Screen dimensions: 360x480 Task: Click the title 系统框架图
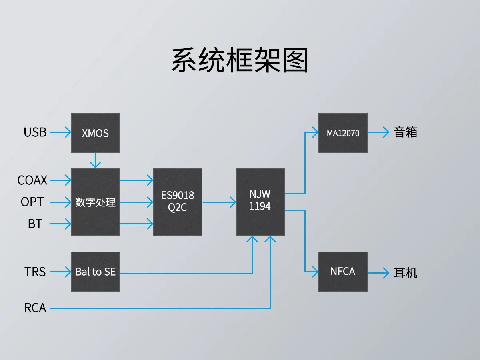click(240, 61)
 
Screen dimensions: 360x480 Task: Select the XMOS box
click(95, 133)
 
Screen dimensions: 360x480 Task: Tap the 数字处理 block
click(95, 202)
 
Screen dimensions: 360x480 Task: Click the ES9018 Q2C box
click(178, 202)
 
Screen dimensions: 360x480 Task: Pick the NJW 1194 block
click(260, 202)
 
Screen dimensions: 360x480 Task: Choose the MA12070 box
click(343, 133)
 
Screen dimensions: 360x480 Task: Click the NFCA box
click(343, 272)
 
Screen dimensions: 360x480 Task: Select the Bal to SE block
click(95, 272)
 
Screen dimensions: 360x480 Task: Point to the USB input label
click(35, 132)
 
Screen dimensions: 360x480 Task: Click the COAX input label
click(32, 180)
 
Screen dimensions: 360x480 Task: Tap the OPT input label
click(32, 202)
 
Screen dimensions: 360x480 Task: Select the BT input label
click(35, 224)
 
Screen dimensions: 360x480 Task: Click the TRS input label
click(35, 272)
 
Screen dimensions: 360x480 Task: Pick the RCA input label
click(35, 308)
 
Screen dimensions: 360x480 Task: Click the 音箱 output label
click(406, 132)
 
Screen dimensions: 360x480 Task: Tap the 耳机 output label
click(406, 273)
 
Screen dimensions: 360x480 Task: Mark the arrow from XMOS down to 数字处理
click(95, 160)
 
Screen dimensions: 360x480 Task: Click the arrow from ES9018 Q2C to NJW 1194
click(219, 202)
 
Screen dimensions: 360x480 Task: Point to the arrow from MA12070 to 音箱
click(378, 132)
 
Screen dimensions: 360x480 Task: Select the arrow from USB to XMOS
click(60, 132)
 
